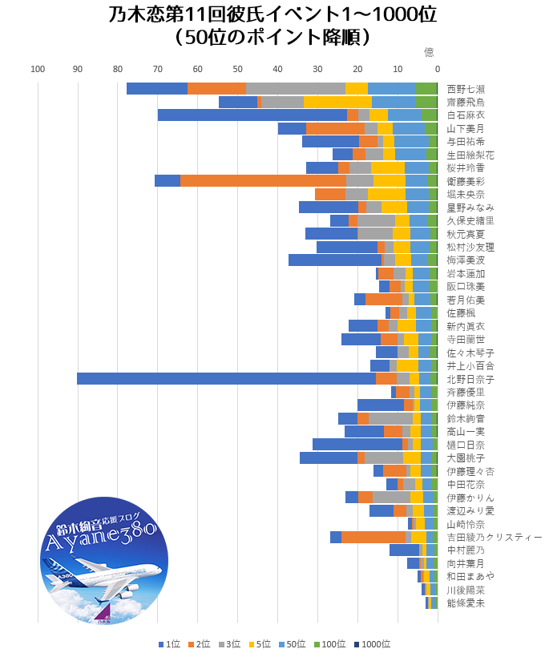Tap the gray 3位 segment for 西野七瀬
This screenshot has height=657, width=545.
pyautogui.click(x=296, y=89)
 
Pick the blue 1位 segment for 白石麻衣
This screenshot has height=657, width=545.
pyautogui.click(x=252, y=115)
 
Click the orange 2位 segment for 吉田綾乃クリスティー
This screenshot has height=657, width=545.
pyautogui.click(x=373, y=537)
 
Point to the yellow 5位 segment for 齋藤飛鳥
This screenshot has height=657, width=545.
pyautogui.click(x=337, y=102)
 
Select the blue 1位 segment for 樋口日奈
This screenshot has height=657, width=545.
pyautogui.click(x=357, y=445)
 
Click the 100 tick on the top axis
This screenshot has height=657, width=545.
pyautogui.click(x=38, y=69)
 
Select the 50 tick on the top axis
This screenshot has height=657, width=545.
pyautogui.click(x=237, y=69)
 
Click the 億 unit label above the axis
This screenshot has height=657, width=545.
pyautogui.click(x=429, y=52)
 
